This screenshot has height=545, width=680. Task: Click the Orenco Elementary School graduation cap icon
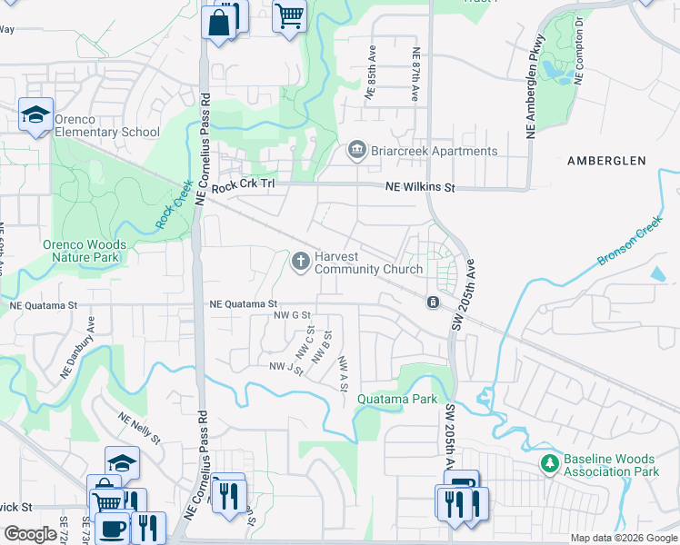point(35,114)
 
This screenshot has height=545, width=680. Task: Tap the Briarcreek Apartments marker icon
point(356,151)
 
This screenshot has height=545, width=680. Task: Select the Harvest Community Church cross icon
point(300,263)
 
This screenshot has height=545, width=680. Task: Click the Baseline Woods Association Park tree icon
point(549,465)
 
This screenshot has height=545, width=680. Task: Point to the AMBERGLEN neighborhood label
point(605,161)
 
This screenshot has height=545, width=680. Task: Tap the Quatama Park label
point(396,399)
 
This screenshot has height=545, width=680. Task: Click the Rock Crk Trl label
point(243,187)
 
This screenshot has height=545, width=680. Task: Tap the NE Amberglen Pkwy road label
point(534,87)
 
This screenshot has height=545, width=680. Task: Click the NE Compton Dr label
point(578,45)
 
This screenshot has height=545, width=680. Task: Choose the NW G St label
point(294,315)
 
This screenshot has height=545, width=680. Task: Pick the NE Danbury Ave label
point(78,348)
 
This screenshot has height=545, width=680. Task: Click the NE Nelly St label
point(138,427)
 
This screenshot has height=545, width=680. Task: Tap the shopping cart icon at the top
point(289,16)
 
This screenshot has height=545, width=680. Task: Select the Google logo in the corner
point(30,534)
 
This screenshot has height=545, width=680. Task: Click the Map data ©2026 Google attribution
point(623,538)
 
